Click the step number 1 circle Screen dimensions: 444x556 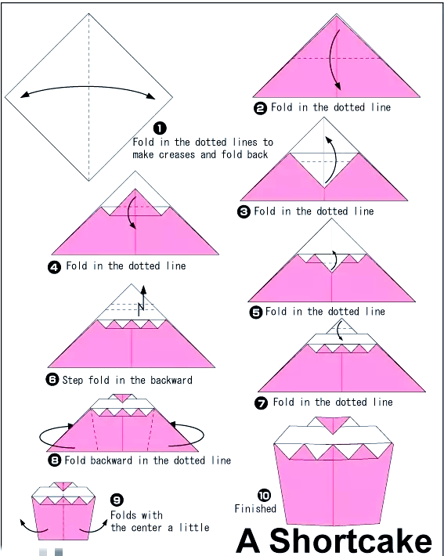tap(160, 128)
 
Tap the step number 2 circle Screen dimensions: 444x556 tap(260, 108)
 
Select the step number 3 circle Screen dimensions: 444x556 tap(244, 211)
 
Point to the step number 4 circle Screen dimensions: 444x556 tap(54, 267)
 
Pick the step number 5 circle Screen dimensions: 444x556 tap(256, 312)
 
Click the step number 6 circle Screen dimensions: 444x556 tap(52, 380)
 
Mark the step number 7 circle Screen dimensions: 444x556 tap(262, 403)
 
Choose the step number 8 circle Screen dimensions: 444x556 tap(54, 460)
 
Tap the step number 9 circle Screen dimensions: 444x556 tap(117, 500)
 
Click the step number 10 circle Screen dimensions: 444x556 tap(264, 495)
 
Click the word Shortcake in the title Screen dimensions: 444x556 tap(350, 541)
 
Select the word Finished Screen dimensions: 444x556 tap(255, 508)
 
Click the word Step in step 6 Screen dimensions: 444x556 tap(73, 380)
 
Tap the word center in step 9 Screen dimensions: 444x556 tap(146, 528)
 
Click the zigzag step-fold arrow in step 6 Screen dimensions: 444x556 tap(143, 301)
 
